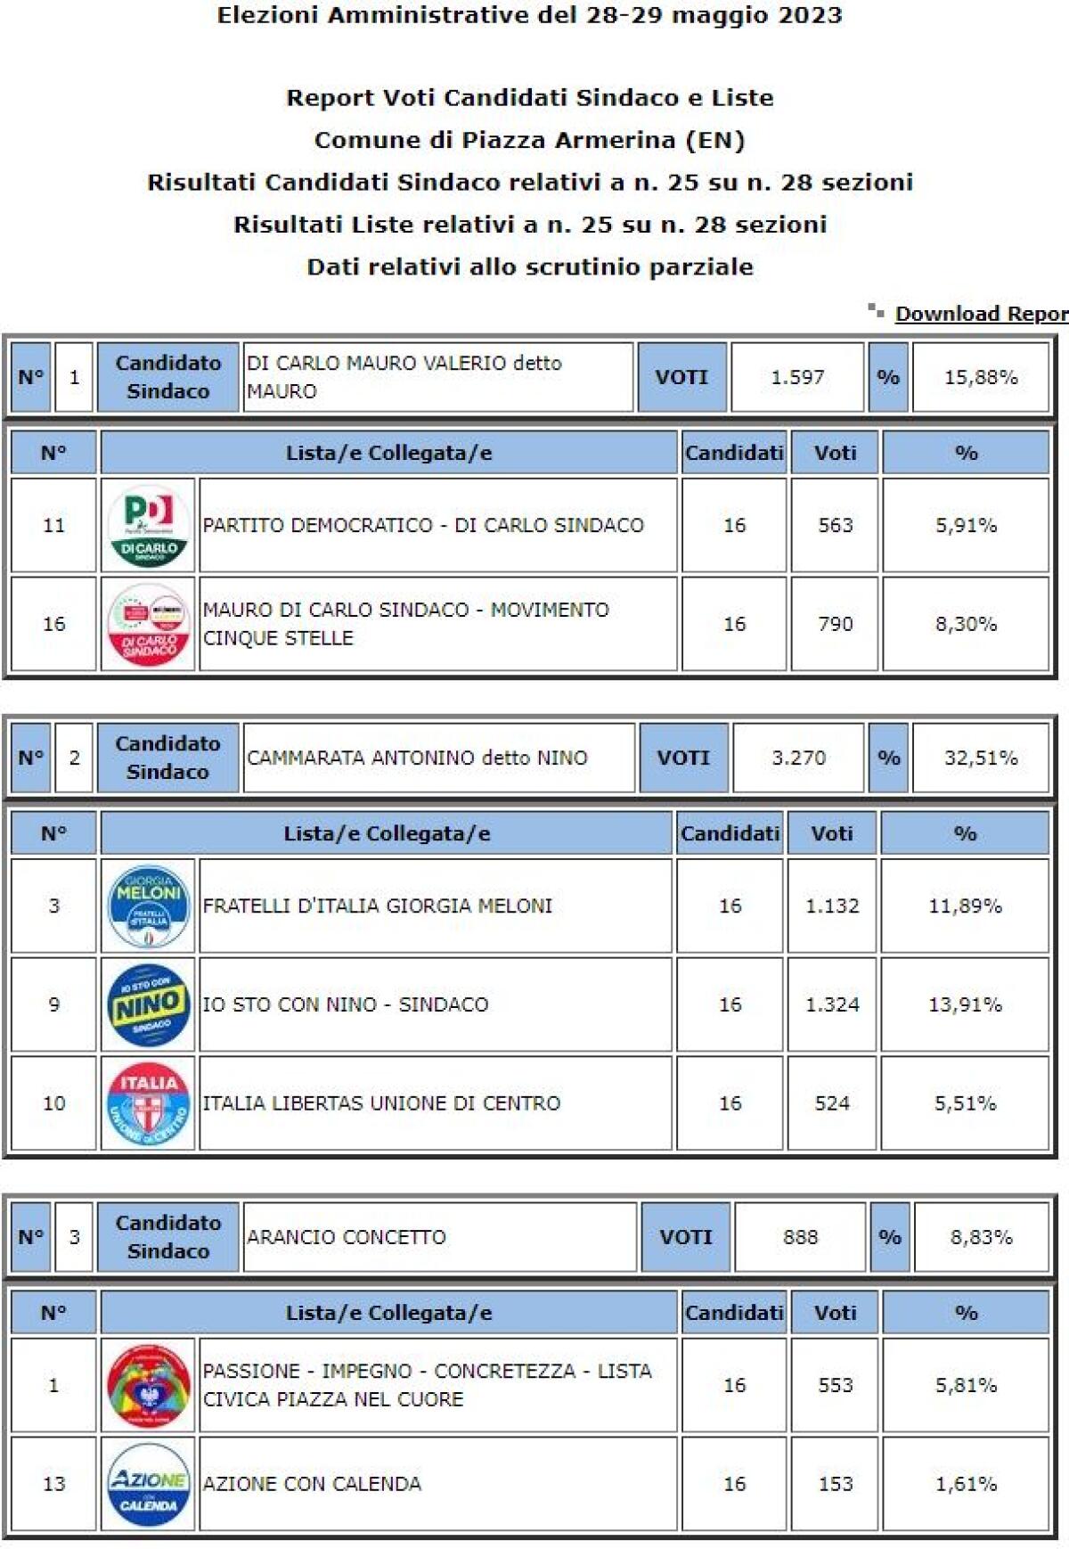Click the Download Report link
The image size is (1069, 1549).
[x=980, y=314]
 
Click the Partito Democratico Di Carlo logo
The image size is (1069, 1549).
[x=148, y=526]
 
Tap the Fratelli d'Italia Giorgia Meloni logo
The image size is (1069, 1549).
[x=148, y=906]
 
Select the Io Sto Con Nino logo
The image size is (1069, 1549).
[x=148, y=1005]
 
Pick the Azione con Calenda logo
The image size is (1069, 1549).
[x=148, y=1484]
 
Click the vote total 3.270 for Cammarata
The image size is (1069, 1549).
[x=798, y=758]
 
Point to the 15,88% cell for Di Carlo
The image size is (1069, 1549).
[x=980, y=378]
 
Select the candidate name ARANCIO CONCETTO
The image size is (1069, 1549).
[x=347, y=1237]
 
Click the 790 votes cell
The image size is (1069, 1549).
[x=835, y=624]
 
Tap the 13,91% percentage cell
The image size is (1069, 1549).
[x=965, y=1005]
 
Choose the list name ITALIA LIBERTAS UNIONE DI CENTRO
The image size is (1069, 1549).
[x=381, y=1103]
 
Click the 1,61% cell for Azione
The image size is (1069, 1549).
[x=965, y=1484]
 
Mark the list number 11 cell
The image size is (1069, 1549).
[x=53, y=526]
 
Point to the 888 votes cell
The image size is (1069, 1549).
[x=800, y=1237]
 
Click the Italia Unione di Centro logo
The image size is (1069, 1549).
[x=148, y=1103]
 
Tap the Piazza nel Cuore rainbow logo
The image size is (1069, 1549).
[x=148, y=1385]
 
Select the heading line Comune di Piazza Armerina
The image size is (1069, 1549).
[x=529, y=140]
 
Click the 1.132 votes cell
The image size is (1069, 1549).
[x=831, y=906]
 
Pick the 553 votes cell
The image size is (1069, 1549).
[x=835, y=1385]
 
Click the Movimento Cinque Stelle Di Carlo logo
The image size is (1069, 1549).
[x=148, y=624]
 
